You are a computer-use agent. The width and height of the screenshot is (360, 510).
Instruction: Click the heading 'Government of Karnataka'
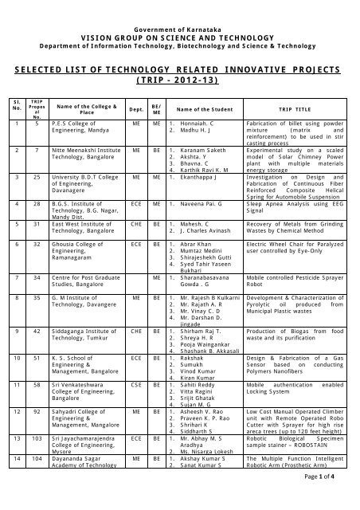click(180, 6)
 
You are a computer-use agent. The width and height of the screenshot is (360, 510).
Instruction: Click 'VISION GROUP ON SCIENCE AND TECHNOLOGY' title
click(180, 15)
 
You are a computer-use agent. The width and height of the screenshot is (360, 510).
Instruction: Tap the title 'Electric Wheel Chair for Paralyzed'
click(296, 240)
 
